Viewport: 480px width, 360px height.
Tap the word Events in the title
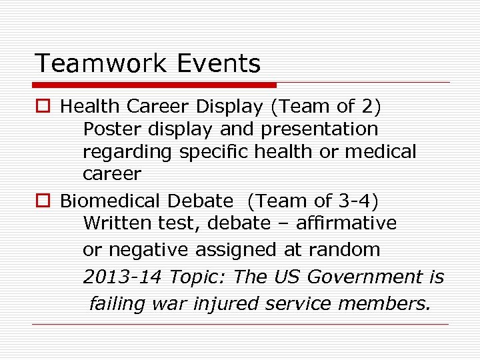point(219,64)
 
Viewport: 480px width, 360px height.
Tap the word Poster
point(109,129)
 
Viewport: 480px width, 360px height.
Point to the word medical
point(380,151)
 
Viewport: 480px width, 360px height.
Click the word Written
point(112,223)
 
